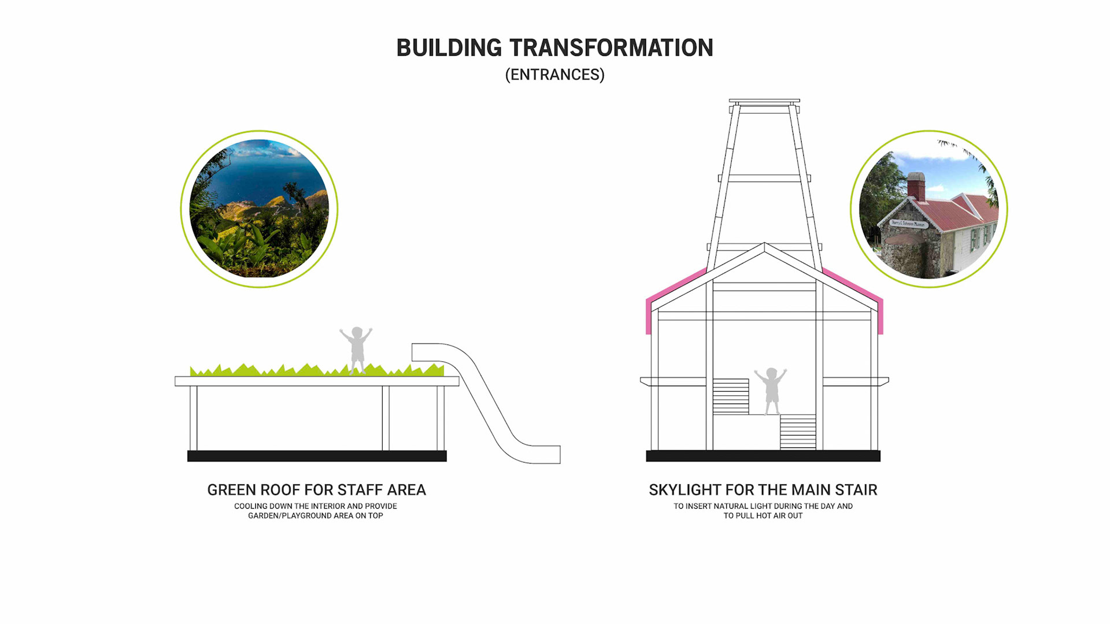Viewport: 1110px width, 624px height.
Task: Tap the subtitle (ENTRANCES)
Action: pyautogui.click(x=554, y=75)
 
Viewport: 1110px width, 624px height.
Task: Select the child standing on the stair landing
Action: pyautogui.click(x=771, y=391)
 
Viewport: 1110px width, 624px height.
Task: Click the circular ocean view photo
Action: pyautogui.click(x=259, y=209)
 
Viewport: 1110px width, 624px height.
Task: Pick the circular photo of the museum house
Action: pyautogui.click(x=928, y=209)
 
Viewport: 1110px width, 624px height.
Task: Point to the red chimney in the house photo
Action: pyautogui.click(x=916, y=187)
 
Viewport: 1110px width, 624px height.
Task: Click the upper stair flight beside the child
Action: pyautogui.click(x=731, y=396)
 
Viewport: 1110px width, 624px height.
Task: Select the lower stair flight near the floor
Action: pyautogui.click(x=798, y=432)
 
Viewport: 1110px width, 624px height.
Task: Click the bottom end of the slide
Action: pyautogui.click(x=543, y=454)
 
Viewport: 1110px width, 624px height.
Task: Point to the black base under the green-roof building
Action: pyautogui.click(x=317, y=456)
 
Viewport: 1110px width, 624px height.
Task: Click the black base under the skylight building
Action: pyautogui.click(x=763, y=456)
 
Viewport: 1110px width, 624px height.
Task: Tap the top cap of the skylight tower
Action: pyautogui.click(x=764, y=102)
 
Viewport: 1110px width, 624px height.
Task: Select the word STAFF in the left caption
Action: pyautogui.click(x=360, y=490)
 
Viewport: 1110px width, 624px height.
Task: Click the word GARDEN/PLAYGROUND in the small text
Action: pyautogui.click(x=286, y=516)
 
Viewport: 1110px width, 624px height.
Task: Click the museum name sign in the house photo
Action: pyautogui.click(x=908, y=224)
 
